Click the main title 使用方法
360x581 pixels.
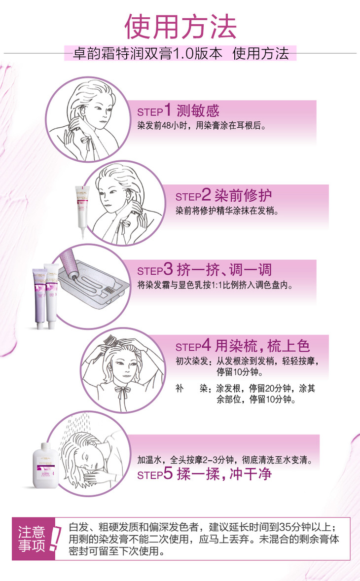pos(180,27)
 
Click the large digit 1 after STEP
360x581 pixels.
pos(168,110)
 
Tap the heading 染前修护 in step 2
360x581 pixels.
pos(243,195)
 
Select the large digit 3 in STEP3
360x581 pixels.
pos(168,269)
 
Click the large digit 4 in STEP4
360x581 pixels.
pos(206,345)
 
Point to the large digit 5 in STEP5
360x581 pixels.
pos(168,473)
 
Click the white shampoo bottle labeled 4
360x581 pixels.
pos(45,466)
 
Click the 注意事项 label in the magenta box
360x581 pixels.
pos(32,539)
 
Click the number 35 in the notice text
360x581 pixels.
pos(285,527)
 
